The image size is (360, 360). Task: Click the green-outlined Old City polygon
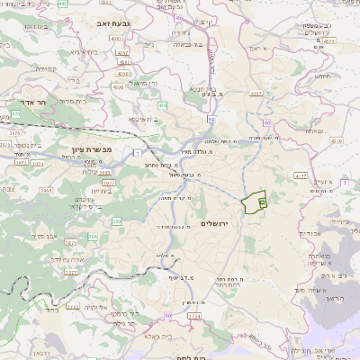click(255, 203)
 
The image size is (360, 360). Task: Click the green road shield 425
click(16, 114)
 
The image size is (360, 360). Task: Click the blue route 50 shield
click(210, 119)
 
